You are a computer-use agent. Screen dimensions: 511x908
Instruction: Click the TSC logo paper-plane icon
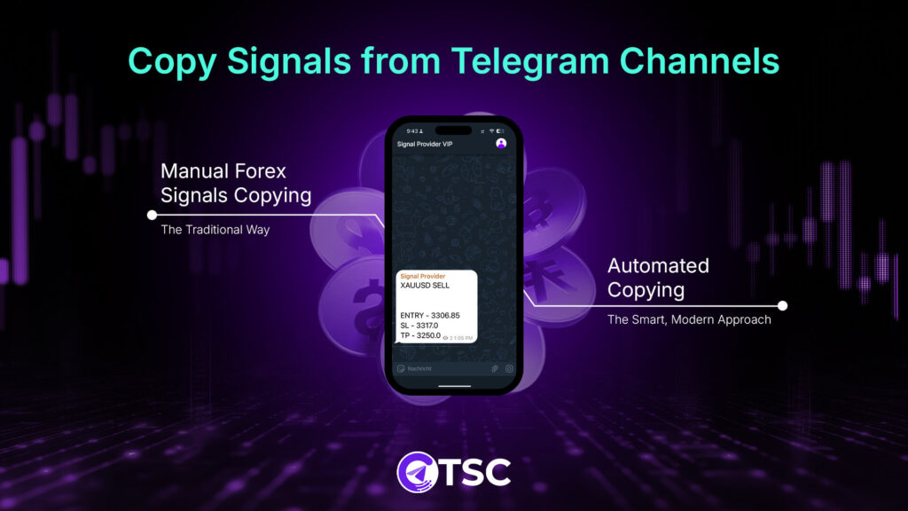[413, 471]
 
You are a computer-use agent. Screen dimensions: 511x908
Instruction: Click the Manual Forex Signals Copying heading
[236, 182]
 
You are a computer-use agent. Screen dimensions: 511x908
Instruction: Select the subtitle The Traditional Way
[215, 230]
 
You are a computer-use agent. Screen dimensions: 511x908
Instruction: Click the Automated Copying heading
[658, 277]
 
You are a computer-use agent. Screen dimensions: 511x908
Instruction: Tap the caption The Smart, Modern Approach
[689, 319]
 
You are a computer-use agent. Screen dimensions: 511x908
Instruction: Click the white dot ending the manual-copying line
[152, 215]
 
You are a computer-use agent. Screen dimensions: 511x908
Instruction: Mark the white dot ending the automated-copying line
[782, 305]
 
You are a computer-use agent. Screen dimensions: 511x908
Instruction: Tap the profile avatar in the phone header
[501, 144]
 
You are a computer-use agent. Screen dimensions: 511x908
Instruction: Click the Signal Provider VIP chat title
[425, 144]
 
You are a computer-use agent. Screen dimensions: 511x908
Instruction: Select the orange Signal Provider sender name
[423, 277]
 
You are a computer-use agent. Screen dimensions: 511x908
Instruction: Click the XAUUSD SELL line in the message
[426, 286]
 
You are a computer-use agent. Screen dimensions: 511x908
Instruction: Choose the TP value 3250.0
[427, 335]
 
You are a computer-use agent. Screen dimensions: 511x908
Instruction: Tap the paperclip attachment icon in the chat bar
[495, 368]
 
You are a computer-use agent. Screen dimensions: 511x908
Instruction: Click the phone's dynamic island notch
[453, 130]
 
